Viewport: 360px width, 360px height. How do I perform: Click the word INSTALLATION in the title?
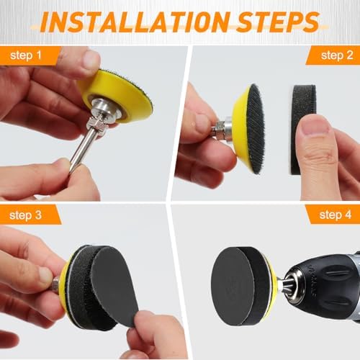pyautogui.click(x=135, y=22)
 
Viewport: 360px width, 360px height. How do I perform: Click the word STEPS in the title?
pyautogui.click(x=278, y=22)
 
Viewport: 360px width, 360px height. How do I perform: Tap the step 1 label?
pyautogui.click(x=26, y=55)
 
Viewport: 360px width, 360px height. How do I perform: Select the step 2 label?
pyautogui.click(x=337, y=55)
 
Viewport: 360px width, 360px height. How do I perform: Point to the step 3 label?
pyautogui.click(x=25, y=215)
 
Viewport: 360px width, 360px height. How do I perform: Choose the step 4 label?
pyautogui.click(x=336, y=215)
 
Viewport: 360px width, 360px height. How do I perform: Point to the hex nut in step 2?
pyautogui.click(x=219, y=130)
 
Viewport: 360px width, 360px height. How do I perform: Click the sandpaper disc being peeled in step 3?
pyautogui.click(x=113, y=286)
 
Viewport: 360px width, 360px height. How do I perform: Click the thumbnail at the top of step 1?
pyautogui.click(x=91, y=60)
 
